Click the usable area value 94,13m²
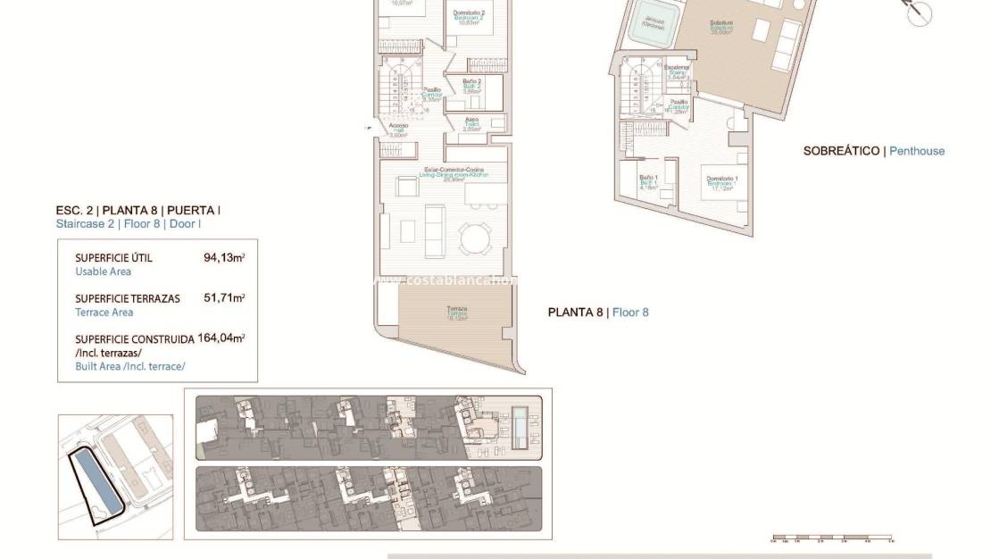pos(224,257)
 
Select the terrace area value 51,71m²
pos(224,298)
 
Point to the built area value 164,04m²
pos(221,338)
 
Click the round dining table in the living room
pos(473,238)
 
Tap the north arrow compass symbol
pos(919,13)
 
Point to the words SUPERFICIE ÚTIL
pos(113,257)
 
